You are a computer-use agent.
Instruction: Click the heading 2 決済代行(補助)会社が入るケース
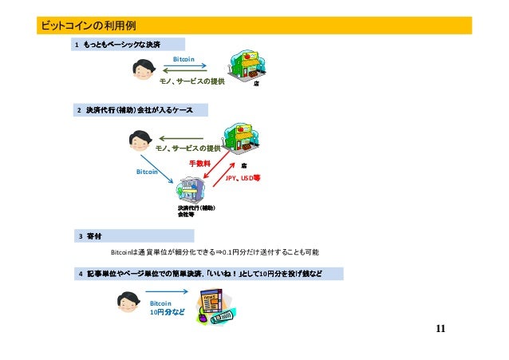139,109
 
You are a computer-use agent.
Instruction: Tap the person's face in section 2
142,144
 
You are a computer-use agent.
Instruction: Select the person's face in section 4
131,306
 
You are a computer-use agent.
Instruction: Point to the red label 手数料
199,163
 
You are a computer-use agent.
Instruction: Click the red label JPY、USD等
243,179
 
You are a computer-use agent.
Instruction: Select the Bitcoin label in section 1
183,59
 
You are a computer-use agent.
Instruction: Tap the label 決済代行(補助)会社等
196,212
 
